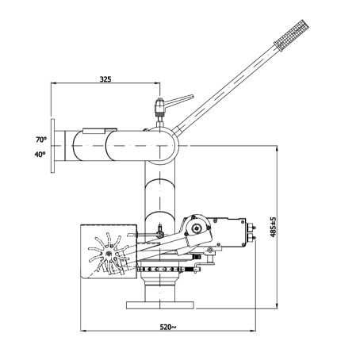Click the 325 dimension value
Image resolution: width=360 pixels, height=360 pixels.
tap(105, 79)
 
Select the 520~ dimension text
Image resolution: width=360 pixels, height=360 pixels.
tap(167, 327)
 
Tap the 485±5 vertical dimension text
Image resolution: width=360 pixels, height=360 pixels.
tap(273, 227)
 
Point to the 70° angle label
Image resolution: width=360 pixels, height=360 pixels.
tap(41, 140)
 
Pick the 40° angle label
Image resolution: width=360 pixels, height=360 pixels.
tap(40, 154)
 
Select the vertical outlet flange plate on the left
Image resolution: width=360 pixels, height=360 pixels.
tap(52, 146)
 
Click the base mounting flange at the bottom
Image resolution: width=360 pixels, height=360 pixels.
tap(160, 305)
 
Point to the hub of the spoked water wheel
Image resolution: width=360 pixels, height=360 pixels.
tap(109, 254)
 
